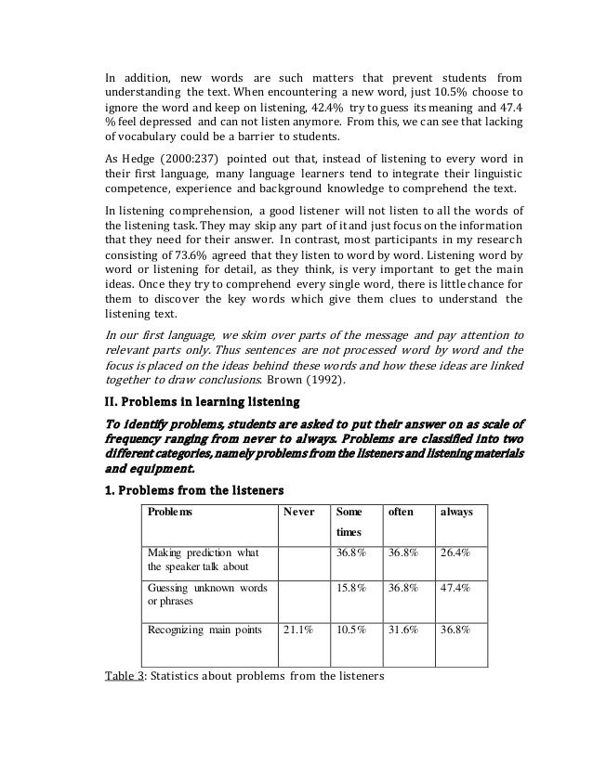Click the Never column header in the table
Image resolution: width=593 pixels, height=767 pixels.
click(x=298, y=512)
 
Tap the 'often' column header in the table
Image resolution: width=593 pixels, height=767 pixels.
click(x=400, y=512)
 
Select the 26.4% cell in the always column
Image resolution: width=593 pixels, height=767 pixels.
click(x=456, y=553)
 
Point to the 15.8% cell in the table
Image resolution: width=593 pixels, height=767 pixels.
click(x=351, y=588)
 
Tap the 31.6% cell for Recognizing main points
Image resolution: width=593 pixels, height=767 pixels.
click(x=404, y=629)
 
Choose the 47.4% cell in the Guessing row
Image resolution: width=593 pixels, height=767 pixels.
click(x=456, y=588)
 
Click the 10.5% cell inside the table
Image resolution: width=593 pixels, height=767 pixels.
click(x=351, y=629)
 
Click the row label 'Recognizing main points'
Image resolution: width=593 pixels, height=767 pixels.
click(x=205, y=629)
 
